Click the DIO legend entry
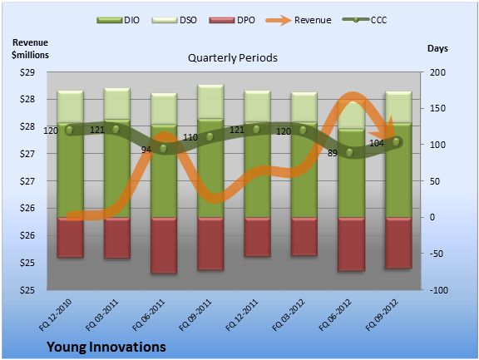pos(118,20)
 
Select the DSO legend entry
pos(174,20)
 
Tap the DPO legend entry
pos(232,20)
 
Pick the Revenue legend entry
pos(299,20)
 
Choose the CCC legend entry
pos(364,20)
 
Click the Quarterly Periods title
pos(233,57)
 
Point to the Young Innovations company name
pos(106,347)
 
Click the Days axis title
pos(437,48)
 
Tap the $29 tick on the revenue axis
pos(27,72)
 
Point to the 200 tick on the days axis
pos(437,72)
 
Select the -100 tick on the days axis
pos(439,290)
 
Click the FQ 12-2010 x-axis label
pos(55,314)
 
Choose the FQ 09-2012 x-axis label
pos(382,314)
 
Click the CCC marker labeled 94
pos(164,148)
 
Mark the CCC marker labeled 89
pos(350,152)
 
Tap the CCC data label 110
pos(190,137)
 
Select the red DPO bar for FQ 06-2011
pos(164,245)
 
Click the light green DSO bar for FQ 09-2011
pos(210,101)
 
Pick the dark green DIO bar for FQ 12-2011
pos(257,170)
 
